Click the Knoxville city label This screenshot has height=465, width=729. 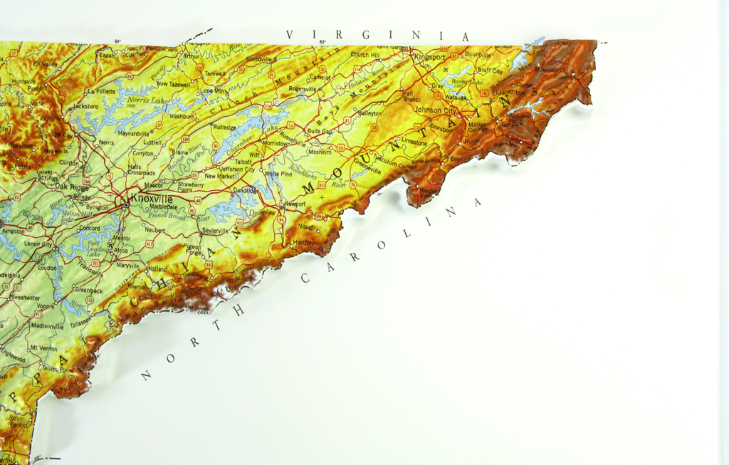point(151,198)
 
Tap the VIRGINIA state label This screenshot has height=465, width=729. point(378,35)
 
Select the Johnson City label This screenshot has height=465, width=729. point(436,110)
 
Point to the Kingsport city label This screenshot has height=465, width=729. point(429,56)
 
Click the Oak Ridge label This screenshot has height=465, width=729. point(71,187)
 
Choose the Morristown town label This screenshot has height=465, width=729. point(276,143)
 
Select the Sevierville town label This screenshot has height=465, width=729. point(215,231)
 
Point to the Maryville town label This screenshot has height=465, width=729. point(128,265)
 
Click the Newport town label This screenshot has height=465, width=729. point(295,204)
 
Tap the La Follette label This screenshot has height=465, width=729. point(100,91)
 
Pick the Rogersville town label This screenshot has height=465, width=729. point(303,89)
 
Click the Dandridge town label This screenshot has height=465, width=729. point(246,191)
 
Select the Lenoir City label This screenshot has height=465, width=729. point(38,244)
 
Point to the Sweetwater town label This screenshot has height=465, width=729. point(26,297)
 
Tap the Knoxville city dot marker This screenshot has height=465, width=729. point(127,205)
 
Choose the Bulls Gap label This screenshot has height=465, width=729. point(320,131)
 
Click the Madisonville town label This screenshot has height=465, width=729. point(48,325)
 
